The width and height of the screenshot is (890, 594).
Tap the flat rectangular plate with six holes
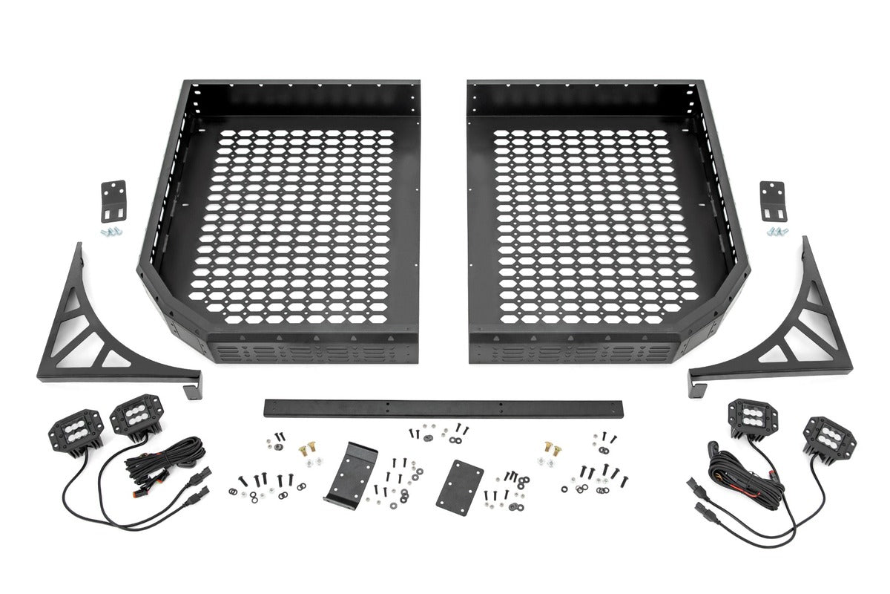460,483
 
